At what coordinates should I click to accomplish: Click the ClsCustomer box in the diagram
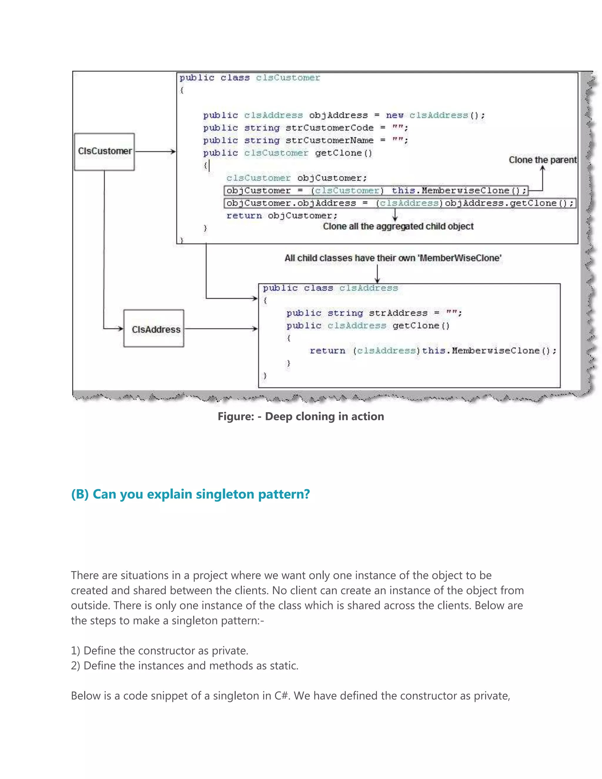point(104,152)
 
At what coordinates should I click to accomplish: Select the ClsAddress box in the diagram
point(154,329)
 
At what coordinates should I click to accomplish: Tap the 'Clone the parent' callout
point(542,160)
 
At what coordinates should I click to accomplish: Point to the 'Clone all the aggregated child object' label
point(398,226)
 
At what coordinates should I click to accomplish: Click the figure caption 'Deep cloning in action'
point(301,416)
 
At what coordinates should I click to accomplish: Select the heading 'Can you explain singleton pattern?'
point(190,494)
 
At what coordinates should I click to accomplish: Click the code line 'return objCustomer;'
point(282,216)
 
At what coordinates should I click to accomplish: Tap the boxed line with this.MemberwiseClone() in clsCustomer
point(376,191)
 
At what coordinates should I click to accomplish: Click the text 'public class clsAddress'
point(330,288)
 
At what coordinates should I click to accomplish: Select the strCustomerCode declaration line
point(306,128)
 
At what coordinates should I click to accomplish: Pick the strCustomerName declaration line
point(306,140)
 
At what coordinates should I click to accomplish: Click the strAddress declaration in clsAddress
point(374,313)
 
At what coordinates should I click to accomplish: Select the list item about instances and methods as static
point(184,666)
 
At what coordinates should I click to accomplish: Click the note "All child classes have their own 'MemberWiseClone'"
point(393,258)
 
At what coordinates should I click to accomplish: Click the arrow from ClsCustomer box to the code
point(155,152)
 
